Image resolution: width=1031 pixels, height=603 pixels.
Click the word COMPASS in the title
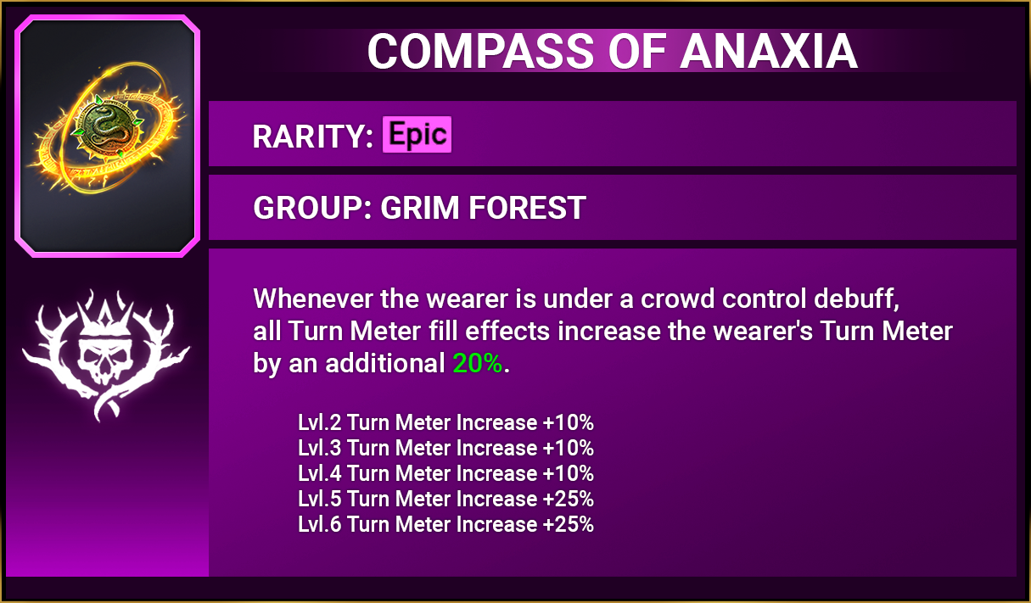tap(480, 51)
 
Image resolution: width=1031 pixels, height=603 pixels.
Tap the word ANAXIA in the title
tap(769, 51)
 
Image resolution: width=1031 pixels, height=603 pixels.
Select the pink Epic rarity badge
tap(417, 134)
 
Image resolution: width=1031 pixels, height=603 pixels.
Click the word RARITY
tap(309, 137)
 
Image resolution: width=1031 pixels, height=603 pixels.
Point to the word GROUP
tap(308, 208)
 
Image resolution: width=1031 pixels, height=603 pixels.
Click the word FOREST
tap(528, 208)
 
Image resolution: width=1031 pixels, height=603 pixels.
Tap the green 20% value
tap(477, 363)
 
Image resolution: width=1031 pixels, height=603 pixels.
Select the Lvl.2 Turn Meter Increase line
tap(445, 422)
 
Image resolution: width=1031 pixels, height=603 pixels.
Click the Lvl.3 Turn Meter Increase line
tap(445, 448)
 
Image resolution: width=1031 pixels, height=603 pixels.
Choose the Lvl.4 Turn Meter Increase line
tap(445, 473)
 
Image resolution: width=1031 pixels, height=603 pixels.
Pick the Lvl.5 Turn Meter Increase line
tap(445, 499)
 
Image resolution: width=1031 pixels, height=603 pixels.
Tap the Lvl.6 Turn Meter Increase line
tap(445, 524)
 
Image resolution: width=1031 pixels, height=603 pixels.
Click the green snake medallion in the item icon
tap(107, 126)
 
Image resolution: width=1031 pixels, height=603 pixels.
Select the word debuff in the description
tap(856, 299)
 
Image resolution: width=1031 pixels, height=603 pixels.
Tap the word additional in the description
tap(384, 363)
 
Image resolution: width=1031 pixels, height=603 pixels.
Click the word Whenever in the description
tap(313, 299)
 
